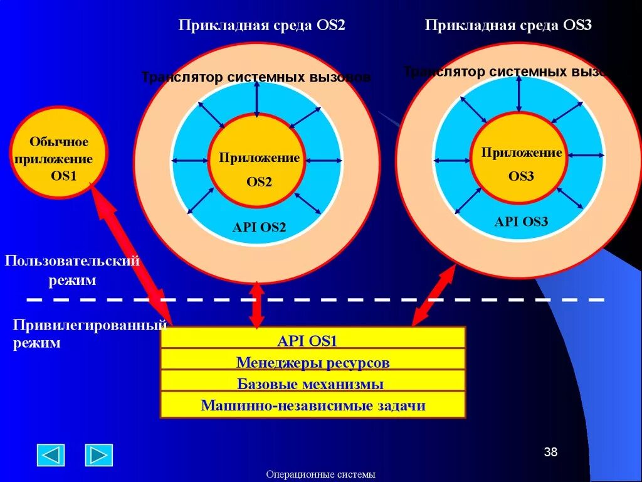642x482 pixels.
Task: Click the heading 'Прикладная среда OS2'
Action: coord(261,25)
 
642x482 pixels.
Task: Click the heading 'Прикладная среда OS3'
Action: coord(508,25)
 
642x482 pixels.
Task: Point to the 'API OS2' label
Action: coord(259,227)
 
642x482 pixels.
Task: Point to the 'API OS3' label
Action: coord(521,222)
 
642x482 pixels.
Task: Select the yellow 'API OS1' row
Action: coord(312,341)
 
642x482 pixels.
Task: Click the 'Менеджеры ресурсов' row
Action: coord(312,363)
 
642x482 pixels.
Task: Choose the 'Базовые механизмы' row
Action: coord(312,384)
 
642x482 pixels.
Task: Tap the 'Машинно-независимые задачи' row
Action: coord(312,405)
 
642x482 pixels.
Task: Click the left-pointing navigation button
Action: coord(51,454)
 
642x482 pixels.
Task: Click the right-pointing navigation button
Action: coord(98,454)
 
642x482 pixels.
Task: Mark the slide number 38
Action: coord(550,452)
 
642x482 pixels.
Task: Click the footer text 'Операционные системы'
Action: coord(320,474)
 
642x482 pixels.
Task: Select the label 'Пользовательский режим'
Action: coord(72,270)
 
